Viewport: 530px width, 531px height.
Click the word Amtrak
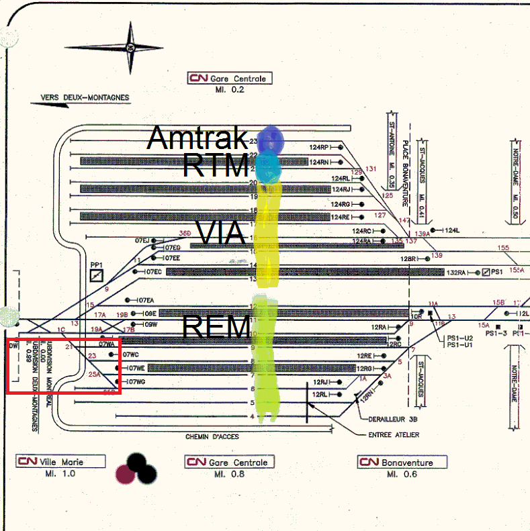197,138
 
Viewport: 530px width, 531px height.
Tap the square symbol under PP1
97,275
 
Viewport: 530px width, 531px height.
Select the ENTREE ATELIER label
394,435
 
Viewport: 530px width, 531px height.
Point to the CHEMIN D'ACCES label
212,437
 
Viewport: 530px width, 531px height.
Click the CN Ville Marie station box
61,462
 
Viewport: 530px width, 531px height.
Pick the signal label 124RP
319,147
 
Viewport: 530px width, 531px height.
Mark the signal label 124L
452,231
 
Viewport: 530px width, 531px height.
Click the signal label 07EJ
143,240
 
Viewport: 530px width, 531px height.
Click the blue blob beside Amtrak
273,140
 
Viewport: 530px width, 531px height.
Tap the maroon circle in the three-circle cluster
125,474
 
